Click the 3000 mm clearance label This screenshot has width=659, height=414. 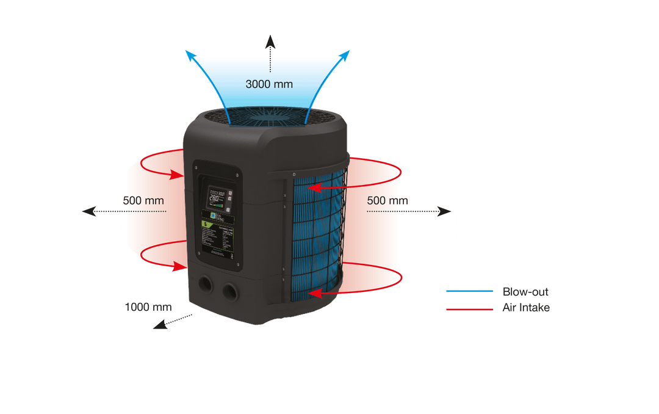coord(269,84)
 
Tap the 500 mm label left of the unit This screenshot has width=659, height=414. coord(143,200)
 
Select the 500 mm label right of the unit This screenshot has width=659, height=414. coord(387,200)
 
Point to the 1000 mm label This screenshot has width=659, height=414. coord(148,307)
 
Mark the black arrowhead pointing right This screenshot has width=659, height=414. coord(445,211)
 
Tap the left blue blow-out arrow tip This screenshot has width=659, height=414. coord(192,55)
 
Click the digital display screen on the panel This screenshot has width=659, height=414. coord(217,198)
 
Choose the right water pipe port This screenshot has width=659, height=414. coord(230,290)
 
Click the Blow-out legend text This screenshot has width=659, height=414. coord(525,291)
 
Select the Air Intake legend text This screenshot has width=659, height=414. coord(525,308)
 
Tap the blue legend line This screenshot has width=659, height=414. coord(469,291)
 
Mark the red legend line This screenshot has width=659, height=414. coord(469,309)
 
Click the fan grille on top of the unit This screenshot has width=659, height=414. coord(269,117)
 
